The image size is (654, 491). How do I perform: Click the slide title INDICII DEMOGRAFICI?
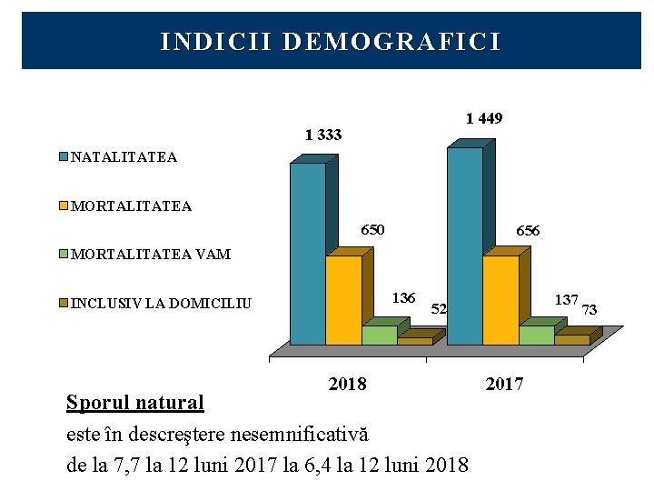click(330, 43)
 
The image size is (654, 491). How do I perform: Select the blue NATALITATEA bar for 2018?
click(307, 255)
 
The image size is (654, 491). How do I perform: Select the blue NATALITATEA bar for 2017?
click(464, 245)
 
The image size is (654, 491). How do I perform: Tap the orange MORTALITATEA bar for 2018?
click(342, 300)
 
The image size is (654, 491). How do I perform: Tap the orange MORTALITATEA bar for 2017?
click(500, 300)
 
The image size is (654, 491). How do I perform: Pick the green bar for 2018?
click(379, 336)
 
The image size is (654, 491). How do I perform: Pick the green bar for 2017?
click(536, 336)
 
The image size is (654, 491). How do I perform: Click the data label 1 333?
click(323, 135)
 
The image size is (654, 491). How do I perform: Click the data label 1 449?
click(484, 118)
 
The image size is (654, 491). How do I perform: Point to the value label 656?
click(528, 232)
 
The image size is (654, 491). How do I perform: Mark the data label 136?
click(403, 298)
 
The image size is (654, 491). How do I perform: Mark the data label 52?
click(439, 309)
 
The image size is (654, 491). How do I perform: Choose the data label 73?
click(589, 310)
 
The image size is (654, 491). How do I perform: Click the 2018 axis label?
click(347, 384)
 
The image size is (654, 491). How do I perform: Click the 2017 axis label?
click(504, 384)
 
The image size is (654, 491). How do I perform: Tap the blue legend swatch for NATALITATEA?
click(64, 157)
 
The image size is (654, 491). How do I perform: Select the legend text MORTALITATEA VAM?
click(150, 255)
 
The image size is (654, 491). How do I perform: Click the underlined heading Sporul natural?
click(135, 402)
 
